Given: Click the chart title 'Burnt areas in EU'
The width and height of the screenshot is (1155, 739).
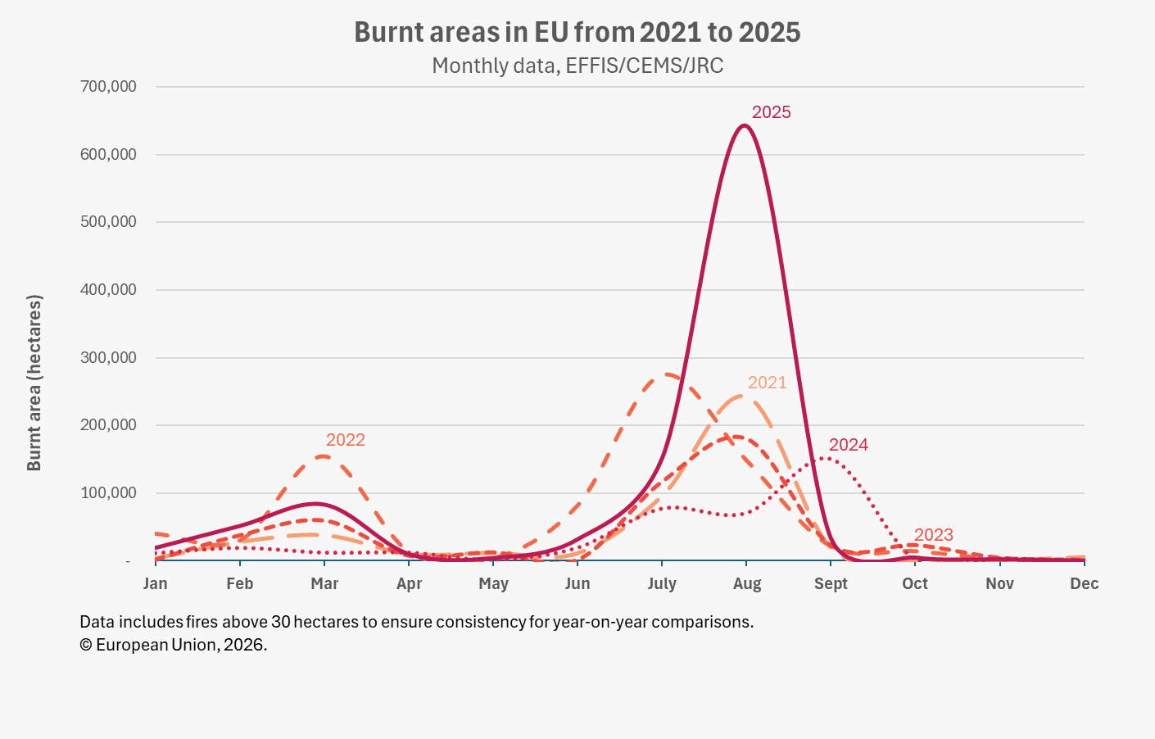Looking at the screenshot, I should tap(577, 32).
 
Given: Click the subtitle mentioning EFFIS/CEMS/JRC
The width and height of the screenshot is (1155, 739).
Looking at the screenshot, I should tap(577, 66).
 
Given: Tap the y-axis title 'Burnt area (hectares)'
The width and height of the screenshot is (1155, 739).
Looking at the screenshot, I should tap(34, 383).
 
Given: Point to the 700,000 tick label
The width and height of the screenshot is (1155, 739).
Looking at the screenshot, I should tap(108, 86).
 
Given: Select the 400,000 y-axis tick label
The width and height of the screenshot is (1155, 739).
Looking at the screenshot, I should tap(108, 289).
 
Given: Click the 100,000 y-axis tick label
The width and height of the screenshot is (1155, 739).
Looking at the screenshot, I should tap(108, 492).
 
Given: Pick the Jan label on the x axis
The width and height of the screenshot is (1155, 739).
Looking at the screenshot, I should tap(155, 583).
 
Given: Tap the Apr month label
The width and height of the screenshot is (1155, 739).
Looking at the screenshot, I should tap(409, 583).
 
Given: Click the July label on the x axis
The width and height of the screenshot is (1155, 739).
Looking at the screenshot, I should tap(662, 583).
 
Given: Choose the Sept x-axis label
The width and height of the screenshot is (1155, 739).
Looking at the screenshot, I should tap(831, 583).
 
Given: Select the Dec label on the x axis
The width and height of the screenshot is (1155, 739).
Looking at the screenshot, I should tap(1084, 583).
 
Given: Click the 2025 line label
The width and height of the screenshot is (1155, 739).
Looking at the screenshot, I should tap(771, 112).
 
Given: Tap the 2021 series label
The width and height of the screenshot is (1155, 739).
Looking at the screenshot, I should tap(767, 383).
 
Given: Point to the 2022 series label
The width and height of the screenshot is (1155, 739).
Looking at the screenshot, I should tap(345, 440).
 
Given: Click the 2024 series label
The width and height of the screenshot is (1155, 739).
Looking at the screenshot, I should tap(848, 445).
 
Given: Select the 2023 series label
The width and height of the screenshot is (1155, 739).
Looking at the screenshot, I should tap(933, 535).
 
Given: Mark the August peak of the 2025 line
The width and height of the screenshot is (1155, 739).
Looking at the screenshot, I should tap(743, 125).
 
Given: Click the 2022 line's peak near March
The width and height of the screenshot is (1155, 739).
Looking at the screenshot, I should tap(323, 456).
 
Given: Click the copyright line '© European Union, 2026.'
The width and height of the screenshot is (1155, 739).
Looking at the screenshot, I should tap(174, 644).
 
